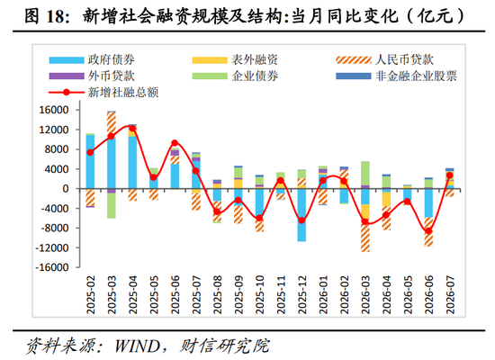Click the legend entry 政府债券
pyautogui.click(x=92, y=59)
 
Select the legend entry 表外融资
pyautogui.click(x=235, y=59)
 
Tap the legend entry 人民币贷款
pyautogui.click(x=384, y=59)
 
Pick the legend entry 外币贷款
pyautogui.click(x=92, y=76)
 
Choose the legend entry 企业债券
pyautogui.click(x=235, y=76)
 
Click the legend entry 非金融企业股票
pyautogui.click(x=397, y=76)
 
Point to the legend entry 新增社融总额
pyautogui.click(x=103, y=92)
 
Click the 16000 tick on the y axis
pyautogui.click(x=54, y=110)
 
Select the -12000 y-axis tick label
pyautogui.click(x=52, y=247)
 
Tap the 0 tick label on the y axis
pyautogui.click(x=66, y=189)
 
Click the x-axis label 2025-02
pyautogui.click(x=91, y=294)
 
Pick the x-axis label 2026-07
pyautogui.click(x=450, y=294)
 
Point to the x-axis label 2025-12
pyautogui.click(x=301, y=294)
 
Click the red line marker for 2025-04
pyautogui.click(x=132, y=128)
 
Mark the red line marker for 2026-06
pyautogui.click(x=428, y=230)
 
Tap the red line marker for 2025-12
pyautogui.click(x=301, y=220)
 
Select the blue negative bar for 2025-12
pyautogui.click(x=301, y=215)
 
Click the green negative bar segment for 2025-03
pyautogui.click(x=112, y=205)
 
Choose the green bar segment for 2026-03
pyautogui.click(x=365, y=174)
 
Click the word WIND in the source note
pyautogui.click(x=138, y=346)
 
